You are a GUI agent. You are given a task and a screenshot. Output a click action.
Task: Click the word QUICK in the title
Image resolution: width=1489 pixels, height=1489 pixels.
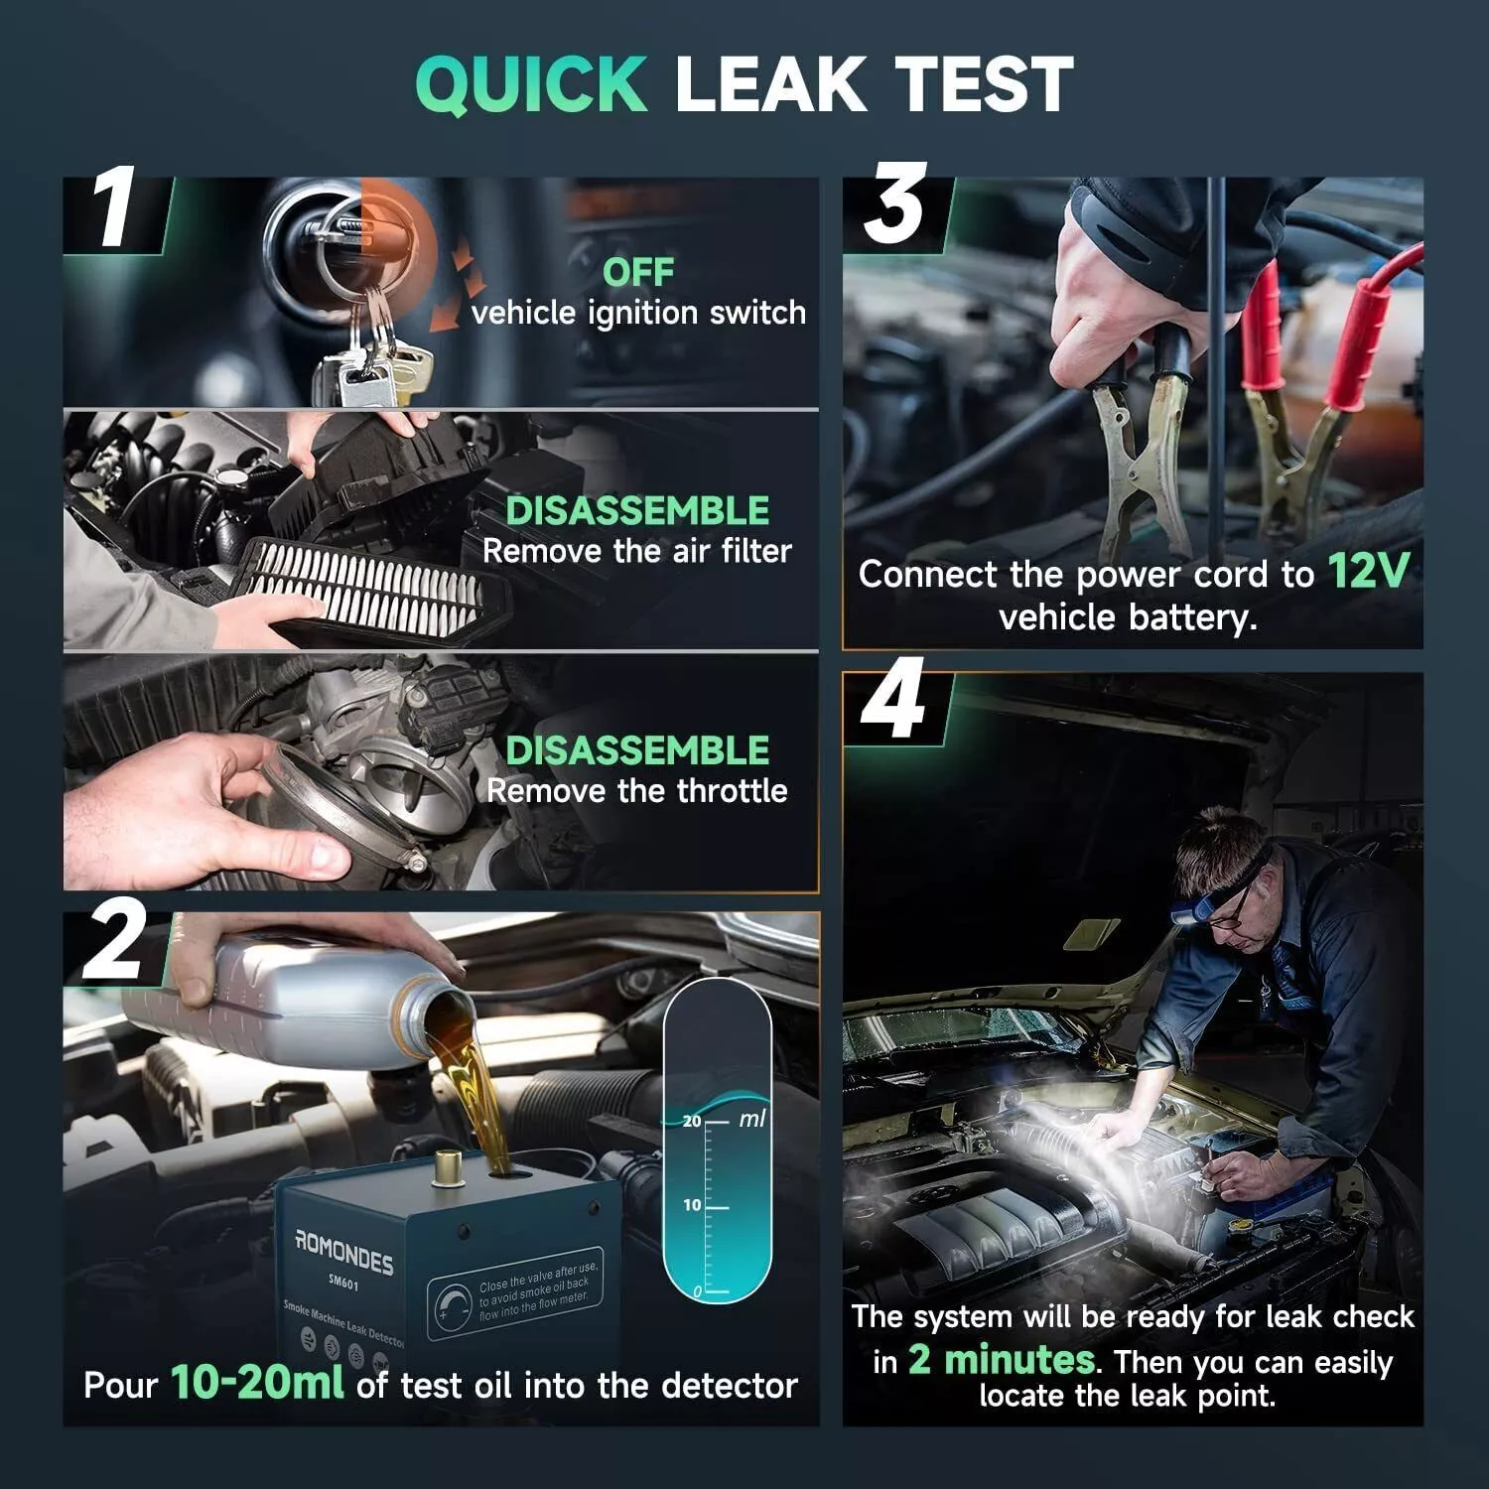point(531,84)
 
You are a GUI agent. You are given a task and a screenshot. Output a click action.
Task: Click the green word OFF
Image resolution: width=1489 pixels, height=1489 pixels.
point(637,272)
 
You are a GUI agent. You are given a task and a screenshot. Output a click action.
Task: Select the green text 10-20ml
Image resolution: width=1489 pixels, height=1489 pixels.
point(257,1382)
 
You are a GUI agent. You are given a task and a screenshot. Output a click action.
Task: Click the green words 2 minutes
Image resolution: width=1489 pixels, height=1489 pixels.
point(1002,1359)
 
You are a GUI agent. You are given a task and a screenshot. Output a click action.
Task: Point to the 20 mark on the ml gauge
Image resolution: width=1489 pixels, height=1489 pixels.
point(692,1121)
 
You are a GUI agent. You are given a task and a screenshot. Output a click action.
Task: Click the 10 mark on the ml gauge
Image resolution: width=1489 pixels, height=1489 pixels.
point(692,1205)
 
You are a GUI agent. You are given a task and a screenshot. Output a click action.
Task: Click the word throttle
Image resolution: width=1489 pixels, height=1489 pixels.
point(733,791)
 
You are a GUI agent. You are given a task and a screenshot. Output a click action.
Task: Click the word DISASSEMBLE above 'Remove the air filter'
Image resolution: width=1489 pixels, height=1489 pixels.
point(637,510)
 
